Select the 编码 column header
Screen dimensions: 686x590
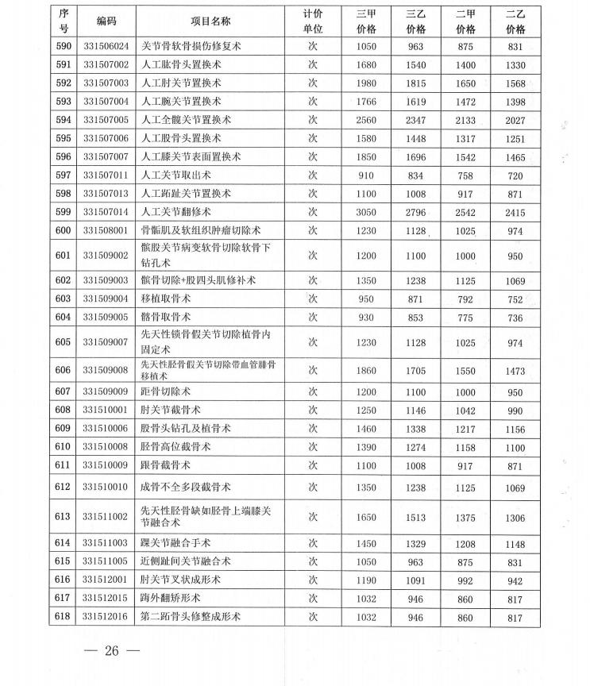[106, 21]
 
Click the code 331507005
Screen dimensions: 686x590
[106, 120]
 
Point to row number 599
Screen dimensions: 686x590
[64, 212]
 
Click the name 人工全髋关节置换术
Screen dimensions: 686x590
[186, 120]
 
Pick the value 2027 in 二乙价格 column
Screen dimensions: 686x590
[515, 120]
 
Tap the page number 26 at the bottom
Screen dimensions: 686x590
[110, 652]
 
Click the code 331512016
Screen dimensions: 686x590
[106, 616]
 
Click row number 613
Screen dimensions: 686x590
[64, 516]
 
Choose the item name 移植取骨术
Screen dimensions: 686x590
[169, 299]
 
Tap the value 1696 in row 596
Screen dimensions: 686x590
[416, 157]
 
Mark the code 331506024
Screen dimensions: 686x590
[106, 46]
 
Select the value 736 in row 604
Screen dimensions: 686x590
[515, 318]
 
